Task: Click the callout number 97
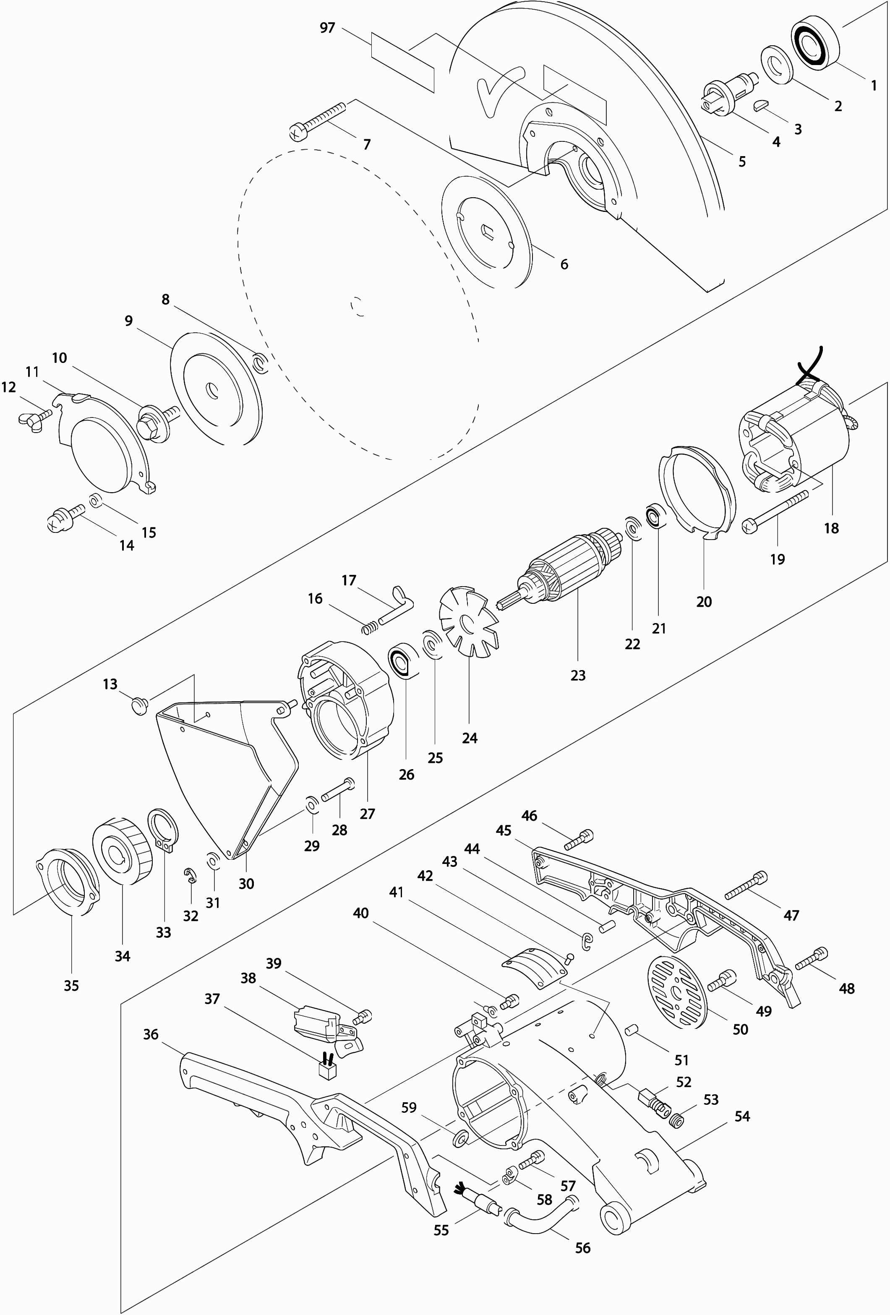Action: point(327,28)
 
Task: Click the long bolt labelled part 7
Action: point(319,120)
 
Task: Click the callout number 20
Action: point(704,601)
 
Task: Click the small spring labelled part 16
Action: point(369,627)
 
